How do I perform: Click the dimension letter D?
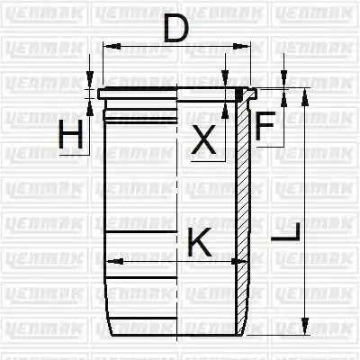coord(176,28)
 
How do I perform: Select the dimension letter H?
coord(71,134)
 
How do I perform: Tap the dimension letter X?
coord(203,139)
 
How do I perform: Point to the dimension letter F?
coord(265,125)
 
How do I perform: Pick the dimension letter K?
coord(200,242)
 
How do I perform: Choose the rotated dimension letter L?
coord(285,231)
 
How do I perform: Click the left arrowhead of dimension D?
coord(112,46)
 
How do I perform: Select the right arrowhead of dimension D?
coord(242,46)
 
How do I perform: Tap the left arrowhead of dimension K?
coord(115,261)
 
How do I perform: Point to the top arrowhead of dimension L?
coord(305,97)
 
